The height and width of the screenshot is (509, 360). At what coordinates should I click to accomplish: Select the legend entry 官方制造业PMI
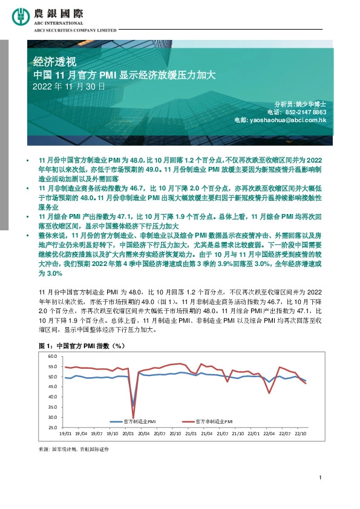pos(139,420)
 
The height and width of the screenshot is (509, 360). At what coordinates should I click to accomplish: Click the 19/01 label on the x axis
pos(66,433)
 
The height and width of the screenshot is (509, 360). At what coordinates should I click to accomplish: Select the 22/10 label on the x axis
pos(299,433)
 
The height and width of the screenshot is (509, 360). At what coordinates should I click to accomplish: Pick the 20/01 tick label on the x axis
pos(128,433)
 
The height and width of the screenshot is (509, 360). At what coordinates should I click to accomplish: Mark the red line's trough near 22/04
pos(269,393)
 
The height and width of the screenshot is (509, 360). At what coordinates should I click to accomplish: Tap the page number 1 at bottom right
pos(319,479)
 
